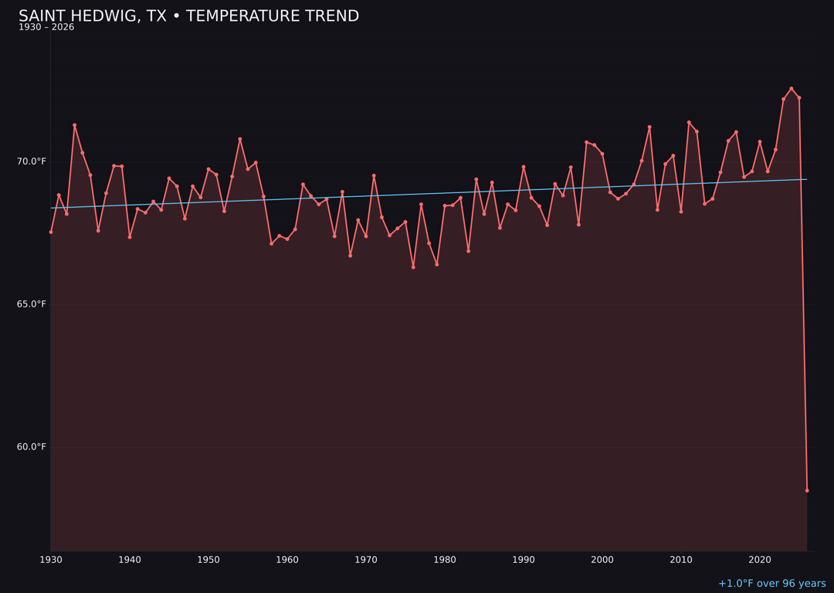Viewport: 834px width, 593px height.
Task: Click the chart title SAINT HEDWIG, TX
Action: pyautogui.click(x=188, y=16)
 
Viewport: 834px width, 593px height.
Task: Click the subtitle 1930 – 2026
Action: pyautogui.click(x=46, y=28)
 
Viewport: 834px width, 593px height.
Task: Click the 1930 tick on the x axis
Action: pyautogui.click(x=51, y=560)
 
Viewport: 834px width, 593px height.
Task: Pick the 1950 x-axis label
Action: pyautogui.click(x=208, y=560)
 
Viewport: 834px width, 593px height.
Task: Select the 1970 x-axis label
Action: pyautogui.click(x=366, y=560)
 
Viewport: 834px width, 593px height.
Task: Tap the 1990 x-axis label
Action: pyautogui.click(x=524, y=560)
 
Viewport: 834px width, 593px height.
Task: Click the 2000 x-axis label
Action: pyautogui.click(x=602, y=560)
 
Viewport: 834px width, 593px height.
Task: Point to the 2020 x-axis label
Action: pyautogui.click(x=760, y=560)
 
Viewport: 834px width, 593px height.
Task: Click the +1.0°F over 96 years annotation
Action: pyautogui.click(x=771, y=584)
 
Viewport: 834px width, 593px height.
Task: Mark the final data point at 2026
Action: pyautogui.click(x=807, y=490)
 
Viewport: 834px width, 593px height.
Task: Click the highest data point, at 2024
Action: pyautogui.click(x=791, y=89)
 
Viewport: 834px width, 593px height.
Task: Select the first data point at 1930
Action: pyautogui.click(x=51, y=232)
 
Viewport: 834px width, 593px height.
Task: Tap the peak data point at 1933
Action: pyautogui.click(x=75, y=125)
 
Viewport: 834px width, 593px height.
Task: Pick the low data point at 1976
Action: pyautogui.click(x=413, y=267)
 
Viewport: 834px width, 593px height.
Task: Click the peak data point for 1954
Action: pyautogui.click(x=240, y=139)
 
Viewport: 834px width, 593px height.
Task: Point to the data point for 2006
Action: pyautogui.click(x=649, y=127)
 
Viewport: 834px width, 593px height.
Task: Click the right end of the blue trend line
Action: pyautogui.click(x=807, y=179)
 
